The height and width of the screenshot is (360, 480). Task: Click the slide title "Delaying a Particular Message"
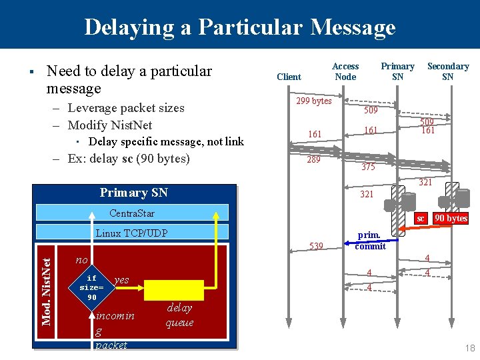tap(240, 27)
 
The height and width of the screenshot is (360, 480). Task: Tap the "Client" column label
tap(289, 77)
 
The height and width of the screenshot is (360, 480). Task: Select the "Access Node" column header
tap(345, 71)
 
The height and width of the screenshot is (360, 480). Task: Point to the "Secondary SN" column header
tap(447, 71)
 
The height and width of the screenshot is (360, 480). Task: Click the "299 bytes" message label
tap(313, 101)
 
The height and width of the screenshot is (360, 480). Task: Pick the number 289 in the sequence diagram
tap(313, 159)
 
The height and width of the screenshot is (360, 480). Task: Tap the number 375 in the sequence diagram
tap(368, 167)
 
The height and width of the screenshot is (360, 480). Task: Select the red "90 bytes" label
tap(451, 219)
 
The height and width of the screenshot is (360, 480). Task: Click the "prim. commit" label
tap(370, 241)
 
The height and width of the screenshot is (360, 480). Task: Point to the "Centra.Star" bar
tap(132, 213)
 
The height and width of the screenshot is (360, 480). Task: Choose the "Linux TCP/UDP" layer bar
tap(132, 233)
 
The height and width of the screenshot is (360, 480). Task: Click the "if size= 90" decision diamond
tap(92, 287)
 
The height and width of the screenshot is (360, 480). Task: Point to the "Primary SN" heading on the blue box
tap(133, 193)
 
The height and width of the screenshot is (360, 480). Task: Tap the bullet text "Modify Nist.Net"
tap(110, 125)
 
